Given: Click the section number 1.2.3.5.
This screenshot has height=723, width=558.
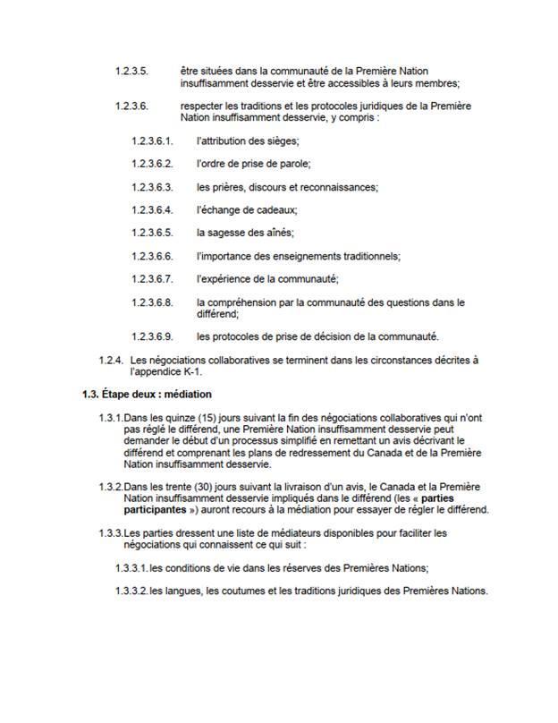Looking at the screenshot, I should click(131, 70).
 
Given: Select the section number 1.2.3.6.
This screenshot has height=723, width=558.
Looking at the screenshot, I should click(131, 106).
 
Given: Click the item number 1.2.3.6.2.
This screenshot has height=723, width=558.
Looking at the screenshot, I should click(151, 164).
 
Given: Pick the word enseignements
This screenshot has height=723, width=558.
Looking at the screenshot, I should click(309, 256).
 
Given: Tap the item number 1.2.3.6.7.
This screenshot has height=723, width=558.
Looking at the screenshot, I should click(151, 279).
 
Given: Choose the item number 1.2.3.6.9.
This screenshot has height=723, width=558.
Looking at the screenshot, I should click(151, 336).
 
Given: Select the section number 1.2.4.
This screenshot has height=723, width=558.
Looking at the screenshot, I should click(109, 360).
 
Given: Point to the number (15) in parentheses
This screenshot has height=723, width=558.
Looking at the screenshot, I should click(211, 418).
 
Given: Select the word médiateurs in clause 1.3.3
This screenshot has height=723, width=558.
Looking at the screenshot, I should click(278, 533).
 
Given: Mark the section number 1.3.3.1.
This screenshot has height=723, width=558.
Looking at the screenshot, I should click(131, 568).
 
